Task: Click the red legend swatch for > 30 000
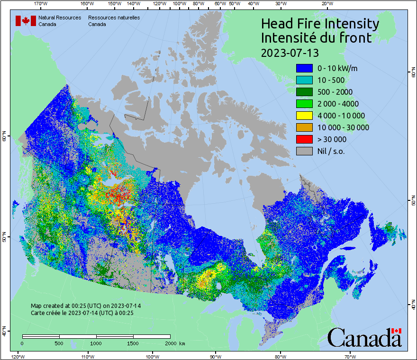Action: point(304,139)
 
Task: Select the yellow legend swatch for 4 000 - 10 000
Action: point(304,116)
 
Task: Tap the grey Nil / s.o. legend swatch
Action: point(304,151)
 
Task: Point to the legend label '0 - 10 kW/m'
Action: point(337,68)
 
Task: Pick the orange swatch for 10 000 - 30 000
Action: point(304,127)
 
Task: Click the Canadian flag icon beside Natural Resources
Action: point(26,21)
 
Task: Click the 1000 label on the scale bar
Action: point(96,343)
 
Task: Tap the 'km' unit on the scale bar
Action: point(182,343)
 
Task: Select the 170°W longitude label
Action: point(41,4)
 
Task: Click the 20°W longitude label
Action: point(326,4)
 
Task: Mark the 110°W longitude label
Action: point(86,356)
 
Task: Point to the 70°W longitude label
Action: point(351,356)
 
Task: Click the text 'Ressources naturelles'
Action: point(114,18)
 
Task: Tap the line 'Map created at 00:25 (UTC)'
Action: point(86,306)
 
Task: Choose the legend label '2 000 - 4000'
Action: point(338,104)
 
